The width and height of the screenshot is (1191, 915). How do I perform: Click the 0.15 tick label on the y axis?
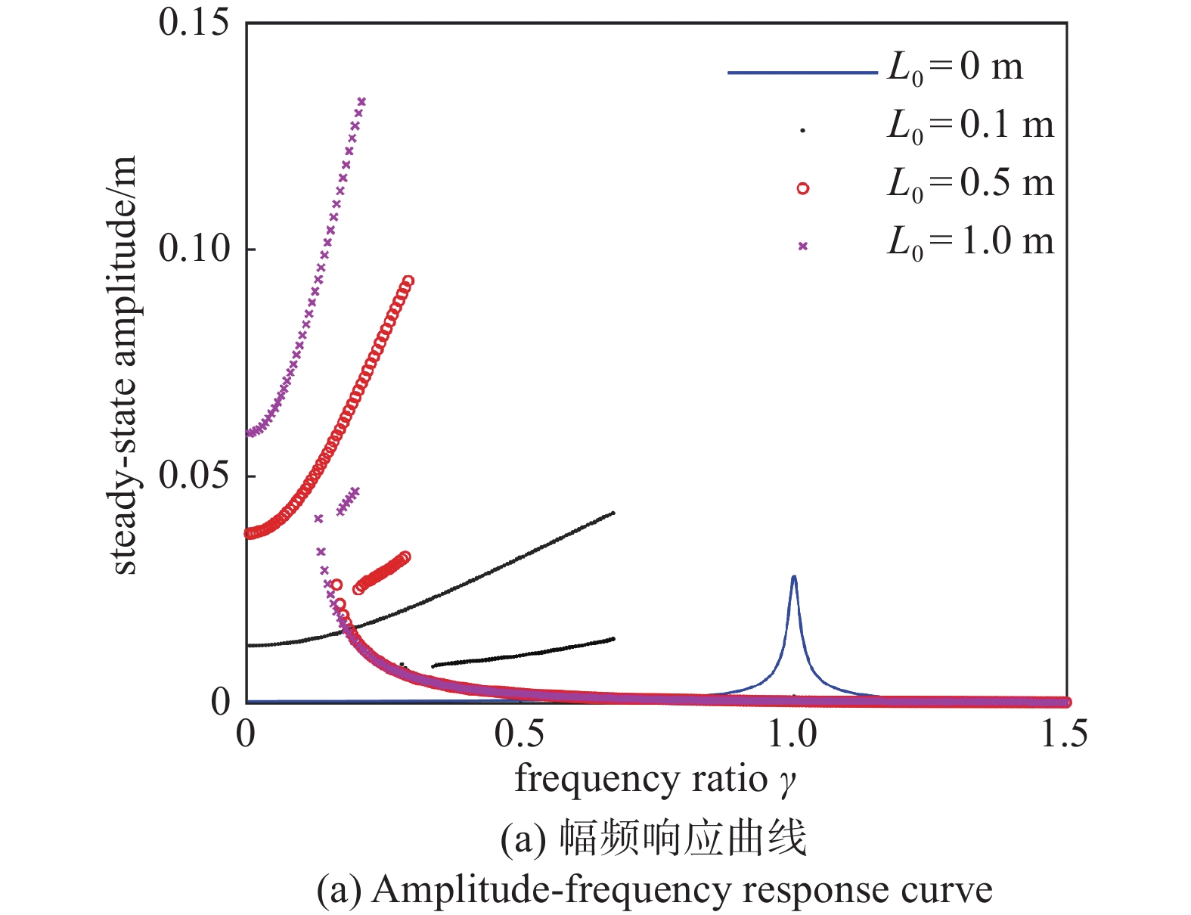click(193, 23)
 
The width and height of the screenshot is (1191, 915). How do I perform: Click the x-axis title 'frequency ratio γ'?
click(656, 779)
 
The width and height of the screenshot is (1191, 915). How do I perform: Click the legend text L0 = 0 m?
click(954, 68)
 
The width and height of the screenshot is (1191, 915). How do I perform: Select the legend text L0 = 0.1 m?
click(970, 126)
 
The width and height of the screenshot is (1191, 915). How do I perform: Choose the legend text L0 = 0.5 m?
click(970, 184)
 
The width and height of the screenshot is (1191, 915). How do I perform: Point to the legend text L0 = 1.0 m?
click(970, 242)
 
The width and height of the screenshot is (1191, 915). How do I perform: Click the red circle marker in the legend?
click(803, 188)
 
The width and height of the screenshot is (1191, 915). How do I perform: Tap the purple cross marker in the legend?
click(803, 246)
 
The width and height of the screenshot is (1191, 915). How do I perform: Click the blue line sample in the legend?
click(802, 73)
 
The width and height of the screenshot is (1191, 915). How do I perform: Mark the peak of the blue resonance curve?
click(793, 577)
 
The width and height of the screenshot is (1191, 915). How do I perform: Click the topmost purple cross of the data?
click(361, 101)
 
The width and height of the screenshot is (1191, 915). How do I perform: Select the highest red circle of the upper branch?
click(408, 281)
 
